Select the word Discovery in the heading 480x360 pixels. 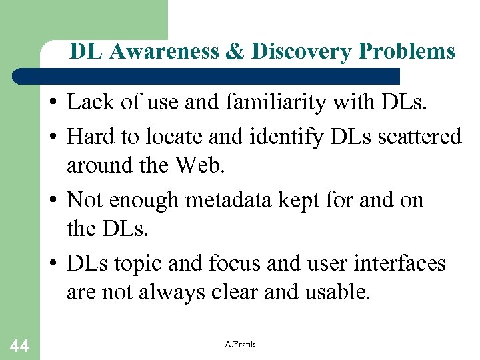pos(293,51)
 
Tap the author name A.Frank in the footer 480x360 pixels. pos(240,345)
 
